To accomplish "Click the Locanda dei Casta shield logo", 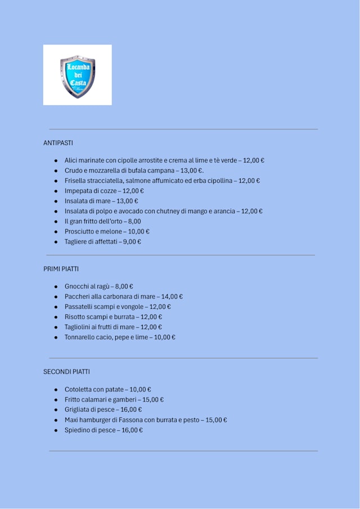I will tap(78, 76).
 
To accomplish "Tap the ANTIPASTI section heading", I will tap(58, 143).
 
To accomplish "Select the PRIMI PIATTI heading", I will tap(61, 269).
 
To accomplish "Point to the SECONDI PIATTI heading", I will tap(66, 372).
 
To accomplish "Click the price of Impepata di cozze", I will tap(133, 191).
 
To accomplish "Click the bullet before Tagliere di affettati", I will tap(56, 242).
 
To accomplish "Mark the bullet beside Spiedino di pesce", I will tap(56, 430).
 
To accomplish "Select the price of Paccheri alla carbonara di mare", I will tap(172, 296).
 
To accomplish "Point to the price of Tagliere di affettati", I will tap(132, 242).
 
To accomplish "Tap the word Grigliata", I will tap(78, 409).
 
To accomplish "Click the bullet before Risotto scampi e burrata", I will tap(56, 317).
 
